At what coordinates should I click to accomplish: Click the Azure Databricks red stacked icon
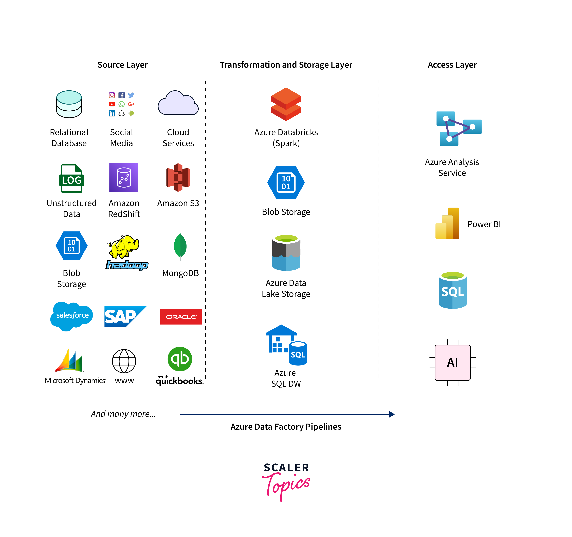click(x=286, y=104)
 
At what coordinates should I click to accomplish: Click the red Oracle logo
click(x=181, y=317)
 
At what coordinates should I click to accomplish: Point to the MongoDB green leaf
click(x=180, y=246)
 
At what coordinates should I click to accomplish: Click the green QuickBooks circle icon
click(x=180, y=359)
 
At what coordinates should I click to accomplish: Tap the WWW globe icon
click(x=124, y=361)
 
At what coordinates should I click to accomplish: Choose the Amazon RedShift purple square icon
click(x=124, y=177)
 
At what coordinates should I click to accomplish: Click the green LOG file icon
click(x=71, y=178)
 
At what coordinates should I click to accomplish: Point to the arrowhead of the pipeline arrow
click(x=392, y=414)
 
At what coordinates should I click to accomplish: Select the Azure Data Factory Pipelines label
click(x=286, y=426)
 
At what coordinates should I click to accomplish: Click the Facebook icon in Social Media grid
click(x=121, y=95)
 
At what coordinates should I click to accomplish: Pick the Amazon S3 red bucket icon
click(x=178, y=177)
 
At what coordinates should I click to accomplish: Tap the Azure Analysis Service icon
click(x=459, y=128)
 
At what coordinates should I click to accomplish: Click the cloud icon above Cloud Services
click(x=178, y=104)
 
